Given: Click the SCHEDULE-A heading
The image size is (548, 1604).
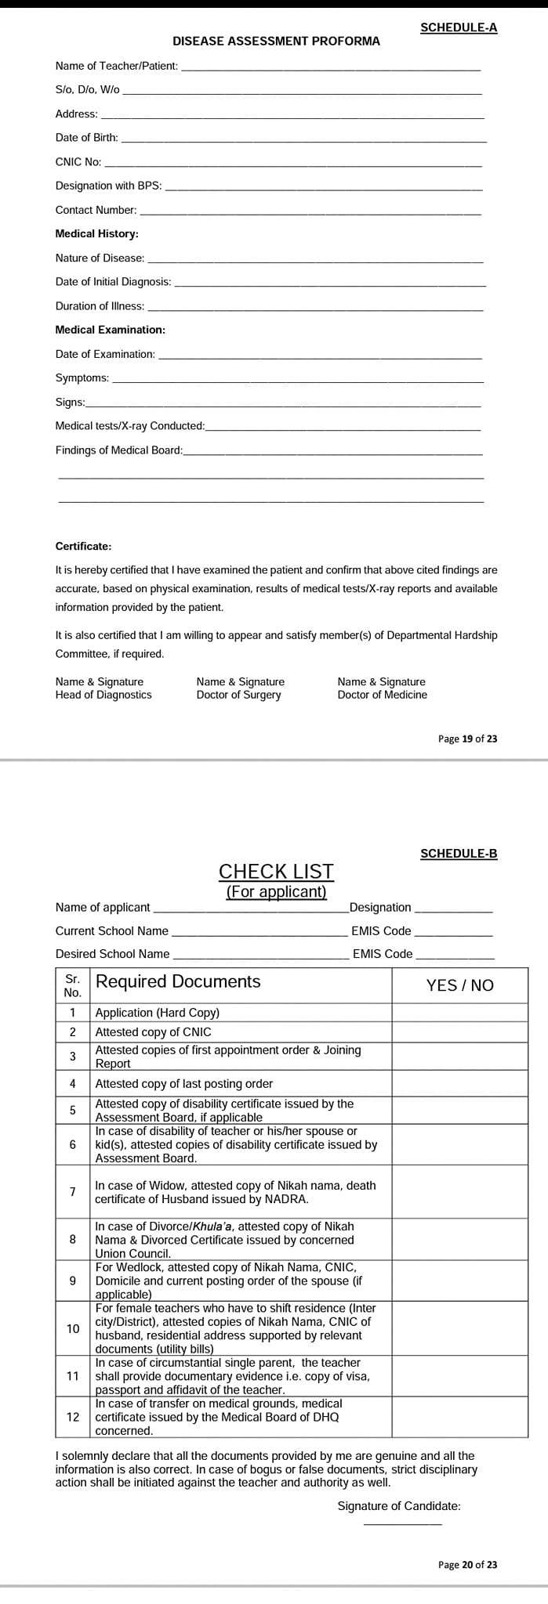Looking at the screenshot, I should click(459, 27).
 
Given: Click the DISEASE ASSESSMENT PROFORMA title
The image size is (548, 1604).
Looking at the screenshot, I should click(276, 41).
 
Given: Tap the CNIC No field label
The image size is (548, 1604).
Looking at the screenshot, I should click(78, 162).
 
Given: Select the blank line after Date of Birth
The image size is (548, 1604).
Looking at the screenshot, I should click(303, 139).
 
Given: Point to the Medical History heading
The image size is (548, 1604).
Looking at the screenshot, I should click(96, 233).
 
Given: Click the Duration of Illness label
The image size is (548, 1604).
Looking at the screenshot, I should click(100, 306).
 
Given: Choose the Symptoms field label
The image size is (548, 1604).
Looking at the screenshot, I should click(82, 378).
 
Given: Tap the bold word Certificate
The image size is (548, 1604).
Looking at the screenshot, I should click(83, 546).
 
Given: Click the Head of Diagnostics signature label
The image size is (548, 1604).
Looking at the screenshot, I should click(103, 688).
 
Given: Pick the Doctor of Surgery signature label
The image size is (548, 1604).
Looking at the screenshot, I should click(240, 688).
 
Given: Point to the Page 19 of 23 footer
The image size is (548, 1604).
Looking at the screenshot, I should click(467, 739).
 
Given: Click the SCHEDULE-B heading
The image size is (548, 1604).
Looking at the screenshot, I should click(459, 854).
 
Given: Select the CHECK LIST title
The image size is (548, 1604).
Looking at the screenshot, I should click(276, 872).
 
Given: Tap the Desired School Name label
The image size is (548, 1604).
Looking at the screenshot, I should click(112, 954).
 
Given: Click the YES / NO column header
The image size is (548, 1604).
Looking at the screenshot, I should click(459, 985).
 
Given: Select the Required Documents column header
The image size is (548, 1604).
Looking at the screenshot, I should click(178, 982).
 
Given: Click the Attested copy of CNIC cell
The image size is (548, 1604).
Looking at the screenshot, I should click(153, 1032).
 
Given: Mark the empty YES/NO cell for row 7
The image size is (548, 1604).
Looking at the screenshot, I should click(459, 1192).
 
